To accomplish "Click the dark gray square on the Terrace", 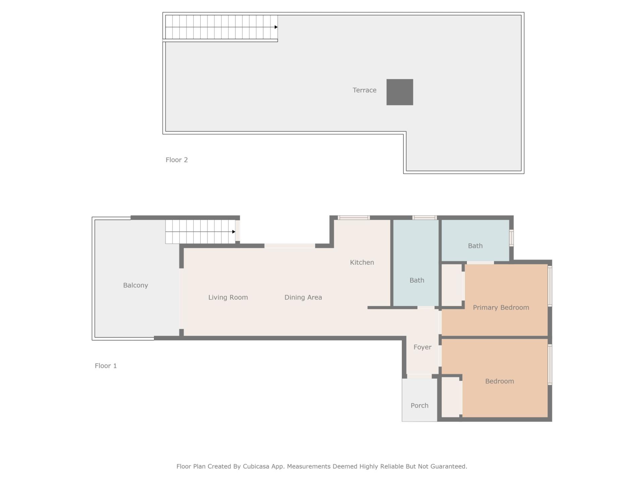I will [x=399, y=92].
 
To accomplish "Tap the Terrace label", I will [x=364, y=90].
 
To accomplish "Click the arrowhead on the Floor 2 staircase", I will [x=276, y=27].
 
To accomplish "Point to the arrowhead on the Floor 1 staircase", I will [x=234, y=232].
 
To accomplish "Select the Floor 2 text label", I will [x=176, y=160].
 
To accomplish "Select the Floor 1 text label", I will [x=106, y=366].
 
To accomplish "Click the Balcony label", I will [x=136, y=285].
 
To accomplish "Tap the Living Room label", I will [x=228, y=298].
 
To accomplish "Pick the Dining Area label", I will [x=303, y=298].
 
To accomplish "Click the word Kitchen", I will [x=362, y=263].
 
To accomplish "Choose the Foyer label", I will [x=422, y=347].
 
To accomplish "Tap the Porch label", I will [x=419, y=406].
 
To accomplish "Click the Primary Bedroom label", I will [x=501, y=308].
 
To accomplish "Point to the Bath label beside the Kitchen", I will [x=417, y=280].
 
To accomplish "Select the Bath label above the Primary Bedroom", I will [x=475, y=246].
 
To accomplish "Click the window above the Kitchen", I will [x=354, y=218].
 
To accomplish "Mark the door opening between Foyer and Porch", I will [x=419, y=376].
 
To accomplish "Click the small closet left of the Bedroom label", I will [x=450, y=397].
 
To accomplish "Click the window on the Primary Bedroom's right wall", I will [x=550, y=286].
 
